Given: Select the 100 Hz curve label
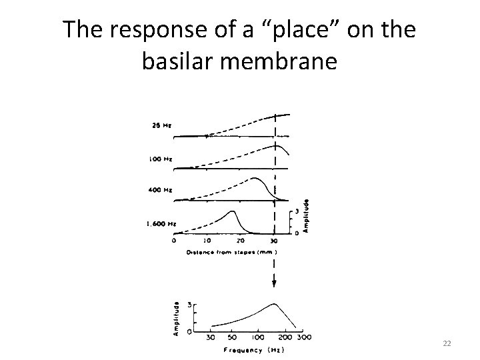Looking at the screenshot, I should click(160, 159).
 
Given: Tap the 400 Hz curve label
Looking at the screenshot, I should click(160, 190).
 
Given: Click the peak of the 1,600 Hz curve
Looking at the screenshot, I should click(233, 211).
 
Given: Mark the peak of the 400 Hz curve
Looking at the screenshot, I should click(255, 179).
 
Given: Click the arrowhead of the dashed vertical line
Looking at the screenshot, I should click(274, 282).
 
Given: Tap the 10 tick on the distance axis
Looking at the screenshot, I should click(207, 241).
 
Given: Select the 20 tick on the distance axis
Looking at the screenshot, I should click(241, 241).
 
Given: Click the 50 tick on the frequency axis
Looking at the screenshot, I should click(233, 338).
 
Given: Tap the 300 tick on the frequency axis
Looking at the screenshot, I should click(305, 338).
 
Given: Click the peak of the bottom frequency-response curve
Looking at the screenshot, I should click(274, 304).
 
